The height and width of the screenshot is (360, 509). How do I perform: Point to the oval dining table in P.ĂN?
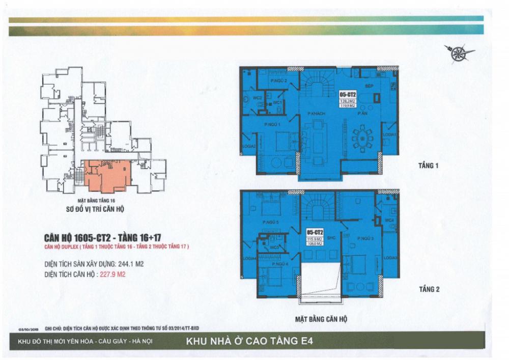point(362,137)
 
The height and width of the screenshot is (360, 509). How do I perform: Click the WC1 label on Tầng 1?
point(277,102)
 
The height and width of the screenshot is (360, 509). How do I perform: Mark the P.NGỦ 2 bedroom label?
point(279,80)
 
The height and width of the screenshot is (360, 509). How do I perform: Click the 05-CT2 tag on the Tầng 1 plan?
point(347,94)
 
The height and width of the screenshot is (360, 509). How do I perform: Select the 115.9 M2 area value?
point(312,239)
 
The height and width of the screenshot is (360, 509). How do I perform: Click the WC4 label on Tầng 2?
point(389,220)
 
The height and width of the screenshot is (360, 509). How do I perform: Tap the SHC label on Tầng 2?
point(330,238)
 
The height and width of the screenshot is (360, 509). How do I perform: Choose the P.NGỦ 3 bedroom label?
point(365,238)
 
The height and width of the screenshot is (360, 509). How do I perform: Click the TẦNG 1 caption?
point(428,166)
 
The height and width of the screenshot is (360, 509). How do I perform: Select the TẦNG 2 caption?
point(429,289)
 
